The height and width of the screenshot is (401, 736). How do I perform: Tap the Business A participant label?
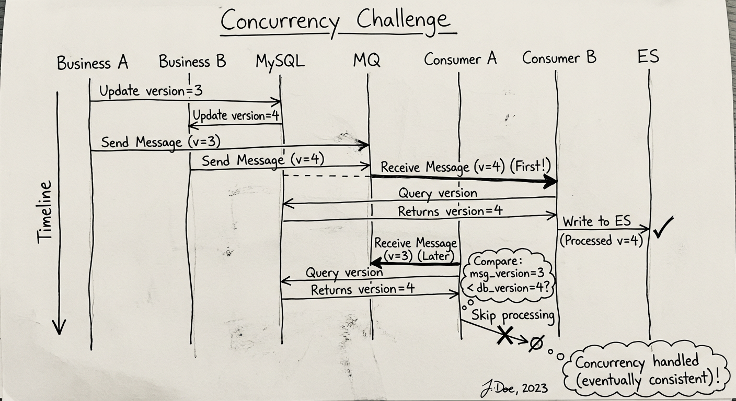point(93,63)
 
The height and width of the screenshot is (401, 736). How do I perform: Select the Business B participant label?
point(192,62)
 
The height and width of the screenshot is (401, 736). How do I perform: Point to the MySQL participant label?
point(280,62)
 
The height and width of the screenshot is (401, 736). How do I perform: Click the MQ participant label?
point(366,61)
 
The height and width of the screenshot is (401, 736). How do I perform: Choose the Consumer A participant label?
point(460,59)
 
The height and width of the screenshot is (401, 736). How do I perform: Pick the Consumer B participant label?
point(559,57)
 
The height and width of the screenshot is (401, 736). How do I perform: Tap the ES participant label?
point(648,56)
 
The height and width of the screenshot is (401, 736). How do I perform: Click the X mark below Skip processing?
point(504,335)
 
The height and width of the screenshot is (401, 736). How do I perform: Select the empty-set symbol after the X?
point(536,343)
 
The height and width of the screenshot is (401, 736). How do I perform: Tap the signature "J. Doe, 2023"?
point(514,388)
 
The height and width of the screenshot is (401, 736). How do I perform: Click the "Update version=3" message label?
point(151,91)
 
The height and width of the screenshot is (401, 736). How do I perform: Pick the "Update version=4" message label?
point(236,115)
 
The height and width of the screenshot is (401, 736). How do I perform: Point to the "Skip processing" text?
point(512,315)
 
